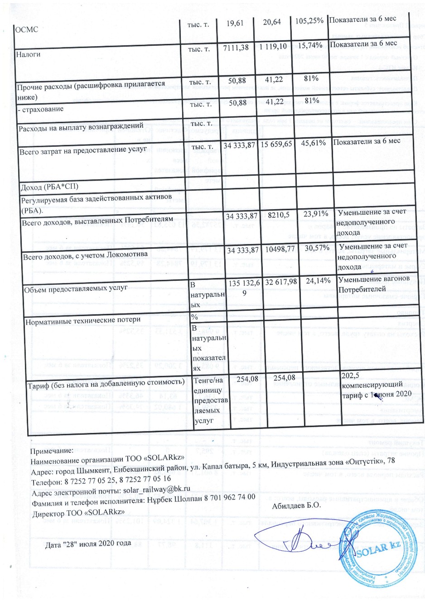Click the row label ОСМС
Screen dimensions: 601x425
tap(27, 29)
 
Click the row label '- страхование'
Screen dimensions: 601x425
tap(41, 109)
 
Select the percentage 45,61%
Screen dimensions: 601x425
tap(310, 143)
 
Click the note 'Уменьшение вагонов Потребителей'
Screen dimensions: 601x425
tap(374, 284)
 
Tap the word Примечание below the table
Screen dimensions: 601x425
tap(51, 451)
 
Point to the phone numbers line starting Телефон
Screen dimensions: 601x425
tap(101, 479)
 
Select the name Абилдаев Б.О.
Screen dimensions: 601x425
tap(296, 505)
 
